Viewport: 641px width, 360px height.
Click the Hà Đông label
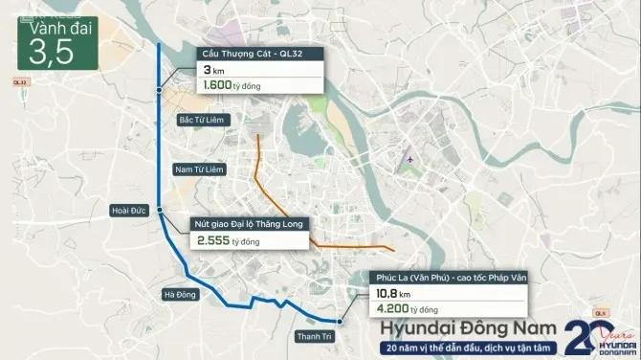coord(180,294)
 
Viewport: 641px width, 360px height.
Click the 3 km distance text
coord(214,70)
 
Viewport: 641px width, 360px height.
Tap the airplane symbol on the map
coord(411,157)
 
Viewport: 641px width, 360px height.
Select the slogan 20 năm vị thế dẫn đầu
coord(463,348)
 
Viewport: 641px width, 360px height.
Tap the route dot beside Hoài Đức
coord(161,211)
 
